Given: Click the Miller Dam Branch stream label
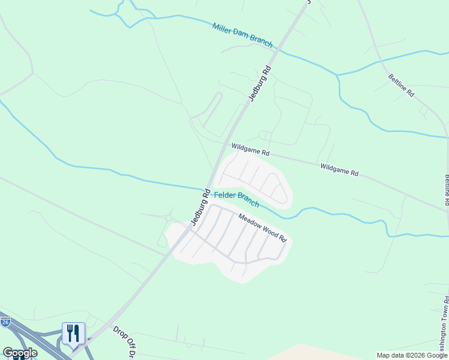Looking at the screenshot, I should [243, 35].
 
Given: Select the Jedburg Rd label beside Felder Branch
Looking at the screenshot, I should [200, 208].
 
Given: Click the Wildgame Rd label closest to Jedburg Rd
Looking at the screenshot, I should [250, 149].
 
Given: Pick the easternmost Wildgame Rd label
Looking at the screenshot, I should [339, 169].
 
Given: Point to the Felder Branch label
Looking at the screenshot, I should [237, 199].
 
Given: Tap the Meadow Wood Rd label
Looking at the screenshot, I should [263, 228].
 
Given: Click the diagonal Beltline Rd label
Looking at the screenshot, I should [401, 85].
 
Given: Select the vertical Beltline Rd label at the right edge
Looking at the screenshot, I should [446, 189].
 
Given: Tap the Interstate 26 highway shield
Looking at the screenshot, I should [5, 323].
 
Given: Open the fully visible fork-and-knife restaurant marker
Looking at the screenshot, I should [73, 334].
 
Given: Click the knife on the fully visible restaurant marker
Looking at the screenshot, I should [77, 333].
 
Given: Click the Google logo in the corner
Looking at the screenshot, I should [20, 353].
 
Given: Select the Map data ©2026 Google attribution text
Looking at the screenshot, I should [411, 355].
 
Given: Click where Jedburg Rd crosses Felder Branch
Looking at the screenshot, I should [209, 188].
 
